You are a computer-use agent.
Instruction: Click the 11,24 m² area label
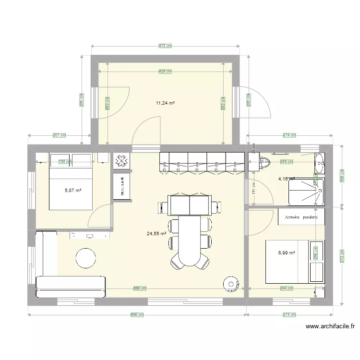point(165,103)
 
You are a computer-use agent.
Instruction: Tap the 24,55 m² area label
point(156,234)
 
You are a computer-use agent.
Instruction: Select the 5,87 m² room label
point(73,191)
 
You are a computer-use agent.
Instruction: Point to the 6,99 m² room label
point(286,252)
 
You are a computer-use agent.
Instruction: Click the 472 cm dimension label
point(165,46)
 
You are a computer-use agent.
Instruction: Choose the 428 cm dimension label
point(165,72)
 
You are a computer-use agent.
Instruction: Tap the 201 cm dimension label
point(59,135)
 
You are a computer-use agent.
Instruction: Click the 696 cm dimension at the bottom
point(137,315)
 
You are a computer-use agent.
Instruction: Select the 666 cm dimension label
point(139,288)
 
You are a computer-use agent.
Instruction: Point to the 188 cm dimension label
point(65,162)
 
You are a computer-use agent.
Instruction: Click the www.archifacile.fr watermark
point(330,326)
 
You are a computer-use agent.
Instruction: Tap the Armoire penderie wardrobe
point(301,217)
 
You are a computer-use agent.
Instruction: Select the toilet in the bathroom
point(264,163)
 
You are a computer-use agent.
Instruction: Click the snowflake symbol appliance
point(121,161)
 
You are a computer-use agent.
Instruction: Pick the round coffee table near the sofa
point(87,258)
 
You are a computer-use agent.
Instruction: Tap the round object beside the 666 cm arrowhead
point(231,285)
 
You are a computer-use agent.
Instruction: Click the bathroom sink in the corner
point(319,163)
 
